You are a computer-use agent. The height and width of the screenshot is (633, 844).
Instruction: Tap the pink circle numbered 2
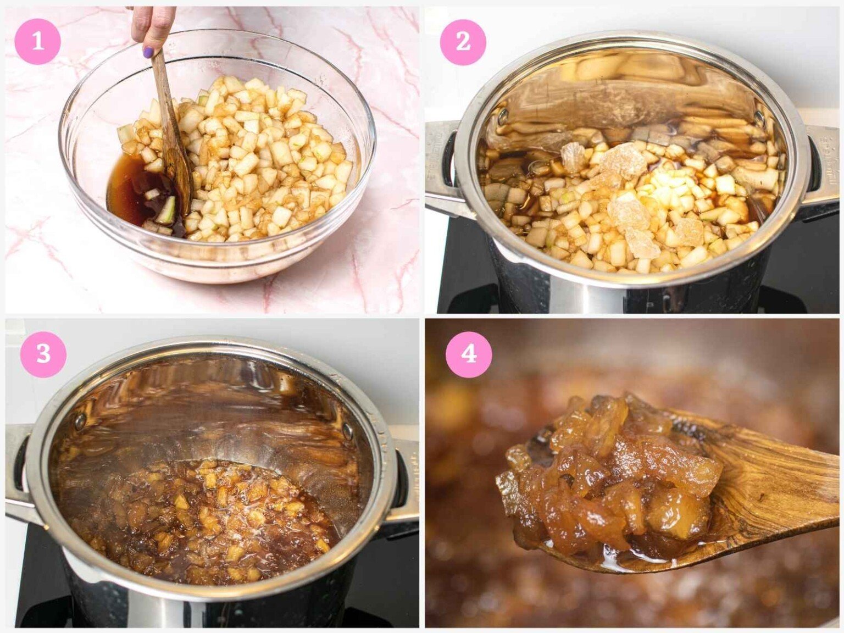(x=463, y=42)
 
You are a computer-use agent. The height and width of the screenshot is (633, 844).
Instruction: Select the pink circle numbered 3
(x=43, y=353)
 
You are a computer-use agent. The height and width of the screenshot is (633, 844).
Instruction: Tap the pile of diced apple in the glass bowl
(x=250, y=158)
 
